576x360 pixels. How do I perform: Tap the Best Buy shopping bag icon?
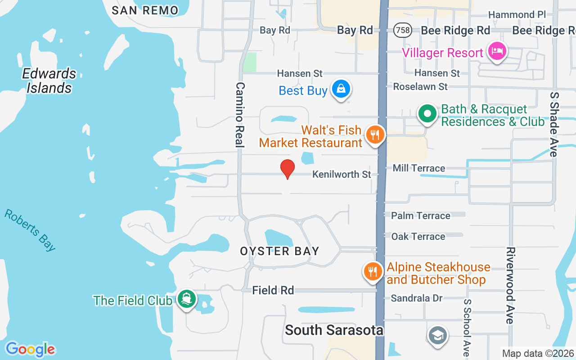342,89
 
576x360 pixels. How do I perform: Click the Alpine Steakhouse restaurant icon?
373,272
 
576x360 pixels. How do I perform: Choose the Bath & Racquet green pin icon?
427,114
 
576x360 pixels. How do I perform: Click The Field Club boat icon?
186,298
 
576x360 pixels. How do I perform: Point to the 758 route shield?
401,30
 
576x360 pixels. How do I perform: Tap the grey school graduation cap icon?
437,335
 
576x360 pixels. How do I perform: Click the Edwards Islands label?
49,81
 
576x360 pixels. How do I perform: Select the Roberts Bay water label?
31,229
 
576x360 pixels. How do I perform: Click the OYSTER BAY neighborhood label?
279,251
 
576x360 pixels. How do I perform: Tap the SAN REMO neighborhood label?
144,10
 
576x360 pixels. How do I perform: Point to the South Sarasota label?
334,330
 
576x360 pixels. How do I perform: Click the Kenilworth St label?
342,174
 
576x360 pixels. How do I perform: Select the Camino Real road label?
240,115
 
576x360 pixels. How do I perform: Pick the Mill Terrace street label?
418,168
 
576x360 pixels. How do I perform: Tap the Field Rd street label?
273,291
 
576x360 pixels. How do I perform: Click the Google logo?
30,349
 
